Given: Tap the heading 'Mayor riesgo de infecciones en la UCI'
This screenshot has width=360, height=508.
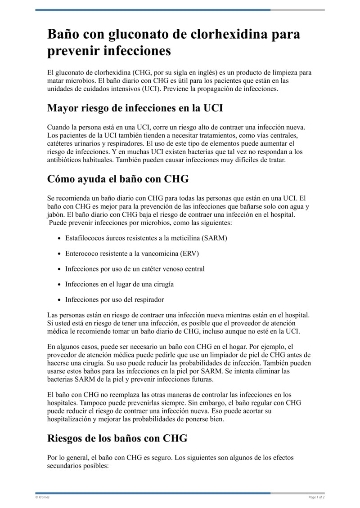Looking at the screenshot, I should [135, 108].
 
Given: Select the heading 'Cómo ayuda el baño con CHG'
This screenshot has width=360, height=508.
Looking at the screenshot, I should [118, 178].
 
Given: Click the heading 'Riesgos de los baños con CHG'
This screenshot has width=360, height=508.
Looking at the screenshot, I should [117, 438].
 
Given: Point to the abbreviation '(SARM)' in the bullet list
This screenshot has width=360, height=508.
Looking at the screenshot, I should [215, 238].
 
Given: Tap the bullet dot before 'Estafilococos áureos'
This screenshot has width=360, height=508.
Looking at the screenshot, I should [60, 238].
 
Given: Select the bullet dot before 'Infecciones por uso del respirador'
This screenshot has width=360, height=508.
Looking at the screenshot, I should [60, 299].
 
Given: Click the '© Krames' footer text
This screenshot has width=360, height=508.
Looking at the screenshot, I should [42, 497].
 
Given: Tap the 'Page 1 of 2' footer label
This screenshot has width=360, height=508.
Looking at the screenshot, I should [316, 497].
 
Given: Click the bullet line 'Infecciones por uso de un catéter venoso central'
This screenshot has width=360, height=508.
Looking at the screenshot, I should [135, 269].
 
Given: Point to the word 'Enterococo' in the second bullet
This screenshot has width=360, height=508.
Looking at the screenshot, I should [82, 254].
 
